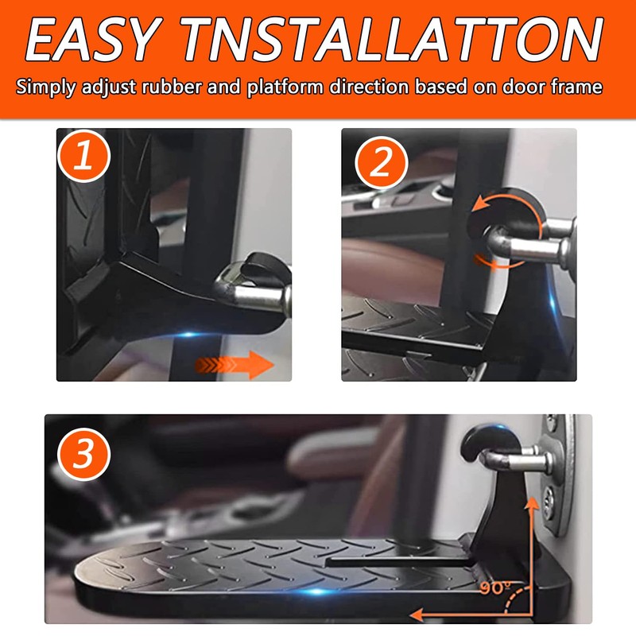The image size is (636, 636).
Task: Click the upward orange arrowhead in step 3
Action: point(528,488)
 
